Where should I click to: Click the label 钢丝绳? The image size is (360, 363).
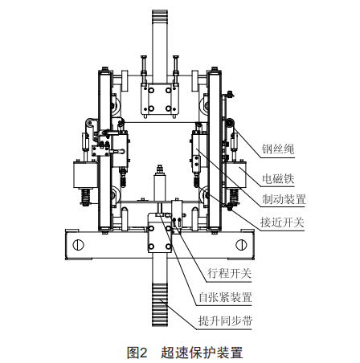(278, 149)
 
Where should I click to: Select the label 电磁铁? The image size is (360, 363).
(278, 178)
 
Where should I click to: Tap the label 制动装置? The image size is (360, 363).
(284, 199)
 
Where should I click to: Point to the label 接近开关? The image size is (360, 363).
(282, 222)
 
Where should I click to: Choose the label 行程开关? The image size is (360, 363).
(230, 274)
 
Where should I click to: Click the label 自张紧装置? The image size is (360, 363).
(225, 297)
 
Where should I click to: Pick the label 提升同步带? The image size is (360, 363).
(225, 320)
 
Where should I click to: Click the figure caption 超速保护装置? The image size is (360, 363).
(202, 353)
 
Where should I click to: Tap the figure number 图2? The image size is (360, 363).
(137, 353)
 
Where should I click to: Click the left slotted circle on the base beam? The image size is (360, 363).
(78, 245)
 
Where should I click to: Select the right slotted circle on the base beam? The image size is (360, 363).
(241, 245)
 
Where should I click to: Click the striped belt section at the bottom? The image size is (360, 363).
(160, 304)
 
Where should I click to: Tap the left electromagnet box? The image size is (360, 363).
(86, 174)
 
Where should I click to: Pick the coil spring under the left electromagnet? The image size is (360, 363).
(86, 198)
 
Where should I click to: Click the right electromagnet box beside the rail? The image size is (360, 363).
(236, 174)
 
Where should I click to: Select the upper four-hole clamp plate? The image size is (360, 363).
(160, 99)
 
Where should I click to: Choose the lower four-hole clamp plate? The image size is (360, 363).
(160, 233)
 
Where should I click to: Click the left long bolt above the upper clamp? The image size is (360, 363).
(144, 69)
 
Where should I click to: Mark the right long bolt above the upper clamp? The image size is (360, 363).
(176, 69)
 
